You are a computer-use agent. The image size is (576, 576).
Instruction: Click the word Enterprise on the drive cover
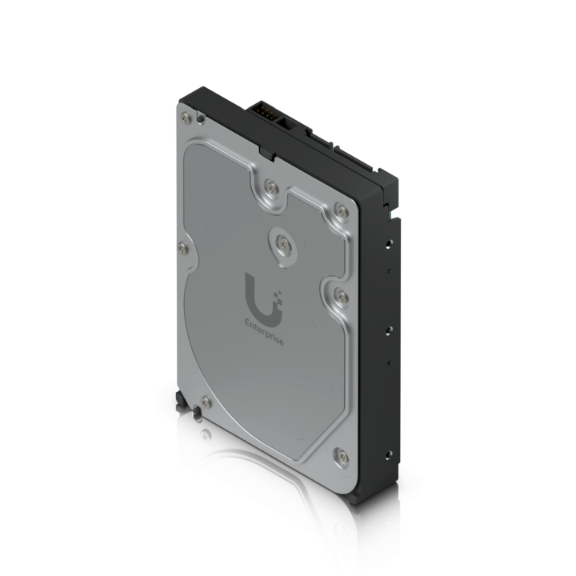[264, 333]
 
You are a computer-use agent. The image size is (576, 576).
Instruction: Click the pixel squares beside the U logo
[278, 297]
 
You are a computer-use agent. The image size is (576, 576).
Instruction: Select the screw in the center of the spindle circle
[283, 244]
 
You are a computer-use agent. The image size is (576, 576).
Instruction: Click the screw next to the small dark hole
[186, 118]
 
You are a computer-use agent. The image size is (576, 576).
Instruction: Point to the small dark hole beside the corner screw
[200, 119]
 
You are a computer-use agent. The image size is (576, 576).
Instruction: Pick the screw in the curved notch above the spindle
[271, 188]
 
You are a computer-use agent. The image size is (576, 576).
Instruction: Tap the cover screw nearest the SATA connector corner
[342, 211]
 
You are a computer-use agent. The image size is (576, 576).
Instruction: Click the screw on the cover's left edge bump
[183, 249]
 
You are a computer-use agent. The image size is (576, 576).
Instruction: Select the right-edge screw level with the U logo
[342, 297]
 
